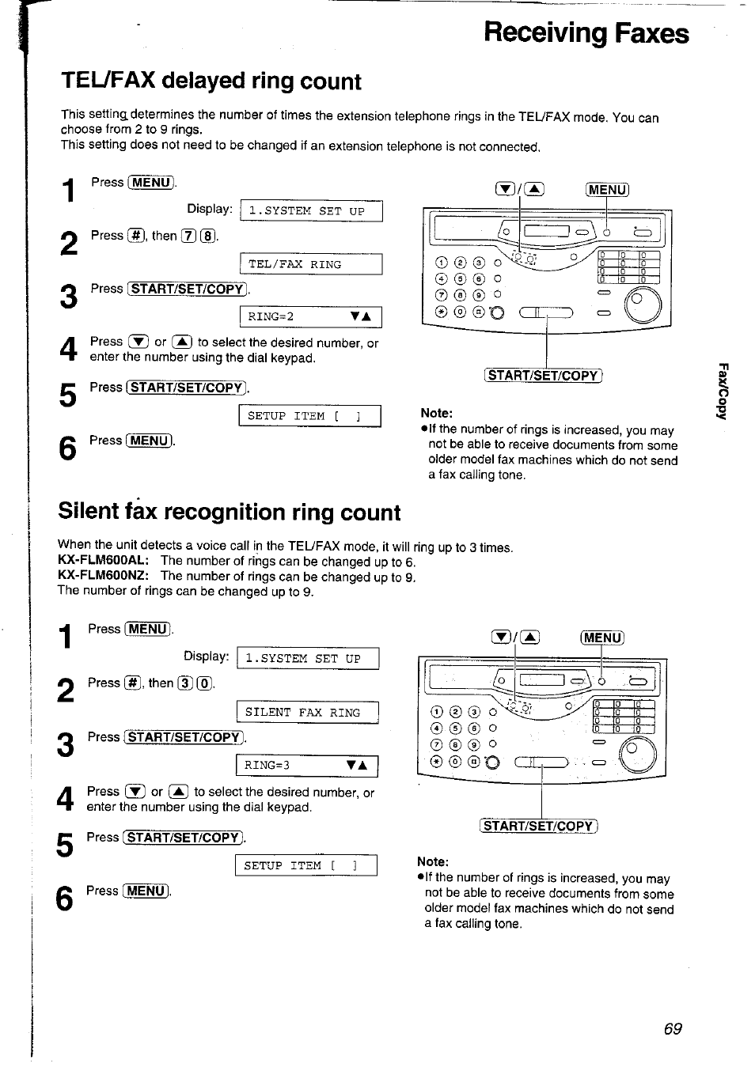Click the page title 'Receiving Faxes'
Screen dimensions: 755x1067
(586, 33)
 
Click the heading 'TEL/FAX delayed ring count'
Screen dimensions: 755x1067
(211, 81)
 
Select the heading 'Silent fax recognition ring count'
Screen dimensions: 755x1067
(230, 513)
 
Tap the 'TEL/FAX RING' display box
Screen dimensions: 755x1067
(310, 264)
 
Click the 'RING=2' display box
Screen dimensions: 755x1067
(310, 317)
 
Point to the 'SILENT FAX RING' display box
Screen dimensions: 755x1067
(307, 713)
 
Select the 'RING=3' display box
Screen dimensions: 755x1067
(307, 766)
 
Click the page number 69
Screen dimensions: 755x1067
(673, 1028)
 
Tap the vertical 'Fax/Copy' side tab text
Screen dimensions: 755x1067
(722, 392)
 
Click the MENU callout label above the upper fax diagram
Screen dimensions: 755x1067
(607, 190)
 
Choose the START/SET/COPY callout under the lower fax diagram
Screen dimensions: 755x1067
(539, 827)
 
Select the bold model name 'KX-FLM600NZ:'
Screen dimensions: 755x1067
(104, 577)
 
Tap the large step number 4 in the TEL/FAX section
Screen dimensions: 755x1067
(69, 350)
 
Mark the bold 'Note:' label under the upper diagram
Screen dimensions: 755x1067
(436, 413)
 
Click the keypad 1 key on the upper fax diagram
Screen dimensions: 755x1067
(441, 263)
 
